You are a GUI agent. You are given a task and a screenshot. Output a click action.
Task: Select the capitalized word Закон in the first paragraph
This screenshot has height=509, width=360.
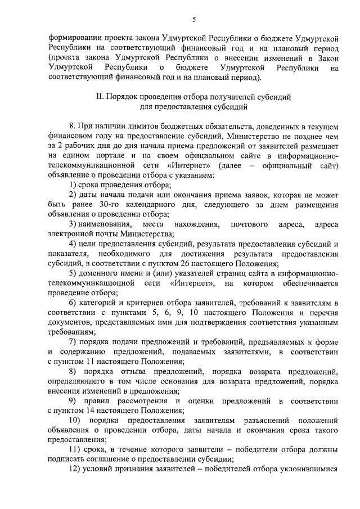point(325,58)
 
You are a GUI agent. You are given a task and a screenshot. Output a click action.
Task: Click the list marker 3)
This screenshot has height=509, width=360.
point(73,225)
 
